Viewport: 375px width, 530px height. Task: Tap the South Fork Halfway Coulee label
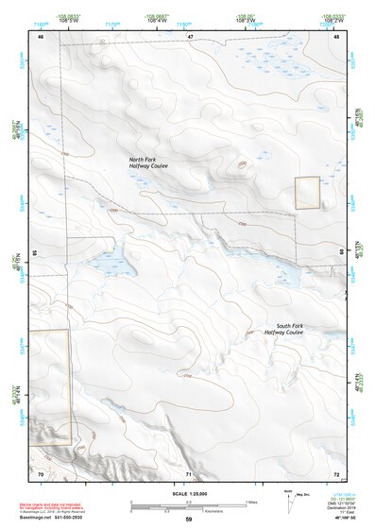pyautogui.click(x=283, y=329)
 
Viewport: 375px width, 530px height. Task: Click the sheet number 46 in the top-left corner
pyautogui.click(x=41, y=36)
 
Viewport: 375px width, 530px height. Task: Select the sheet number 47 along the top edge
pyautogui.click(x=190, y=36)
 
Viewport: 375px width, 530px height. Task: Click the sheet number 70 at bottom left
pyautogui.click(x=41, y=471)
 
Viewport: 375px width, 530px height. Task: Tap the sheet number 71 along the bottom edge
pyautogui.click(x=189, y=471)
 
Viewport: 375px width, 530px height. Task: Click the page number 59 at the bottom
pyautogui.click(x=188, y=520)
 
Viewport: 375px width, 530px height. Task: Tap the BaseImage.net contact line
pyautogui.click(x=53, y=518)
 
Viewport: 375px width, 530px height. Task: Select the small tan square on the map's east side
pyautogui.click(x=308, y=193)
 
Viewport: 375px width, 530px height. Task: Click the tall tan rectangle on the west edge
pyautogui.click(x=50, y=386)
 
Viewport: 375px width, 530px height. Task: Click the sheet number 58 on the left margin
pyautogui.click(x=35, y=253)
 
